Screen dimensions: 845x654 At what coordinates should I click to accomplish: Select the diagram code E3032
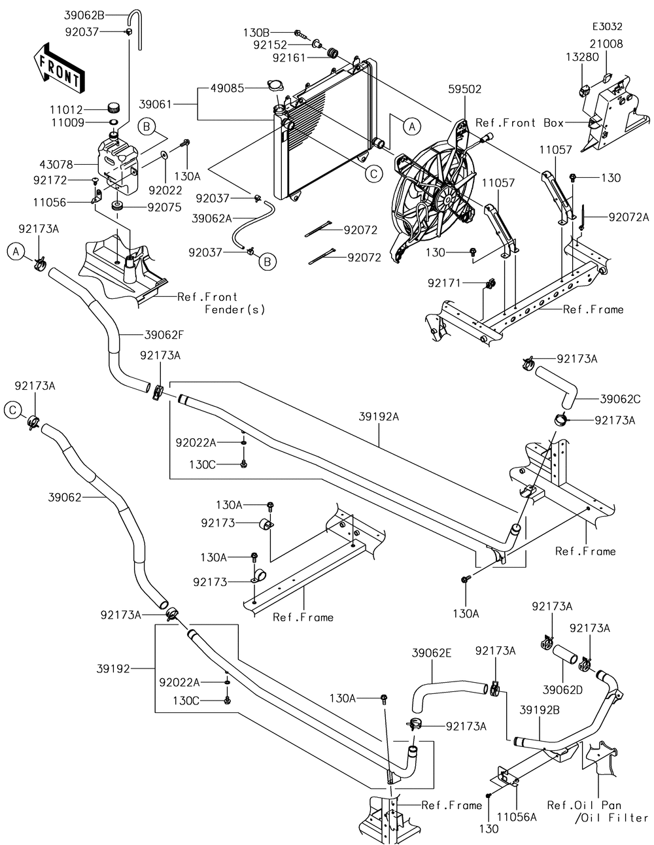(x=607, y=27)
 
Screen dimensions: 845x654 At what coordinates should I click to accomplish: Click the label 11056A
(x=517, y=816)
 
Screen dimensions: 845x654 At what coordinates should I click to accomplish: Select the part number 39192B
(x=540, y=709)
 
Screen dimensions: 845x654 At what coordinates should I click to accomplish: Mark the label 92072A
(x=628, y=217)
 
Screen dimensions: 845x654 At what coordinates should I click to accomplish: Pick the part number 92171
(x=446, y=283)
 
